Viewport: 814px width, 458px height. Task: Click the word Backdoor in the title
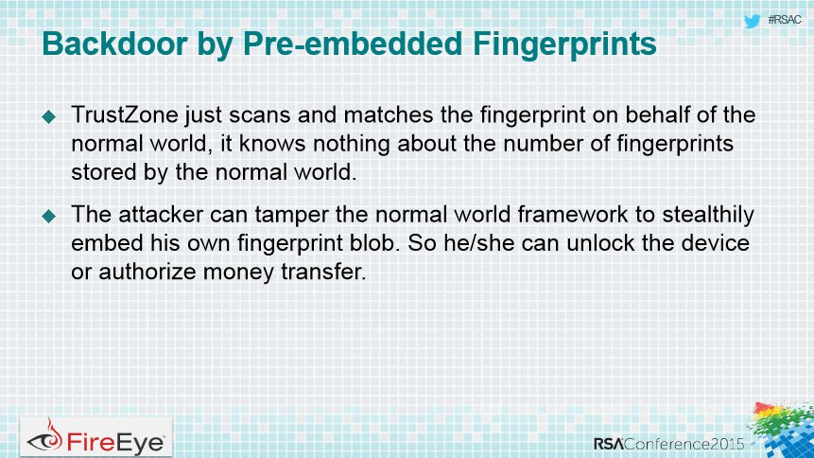click(114, 44)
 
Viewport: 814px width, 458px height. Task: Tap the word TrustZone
click(125, 114)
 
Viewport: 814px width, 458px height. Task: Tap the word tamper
click(292, 215)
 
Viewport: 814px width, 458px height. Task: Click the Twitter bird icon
click(752, 22)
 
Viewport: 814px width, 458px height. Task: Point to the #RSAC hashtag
click(785, 20)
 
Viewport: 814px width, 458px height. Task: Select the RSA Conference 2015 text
click(669, 444)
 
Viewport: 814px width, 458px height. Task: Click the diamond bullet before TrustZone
click(49, 116)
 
